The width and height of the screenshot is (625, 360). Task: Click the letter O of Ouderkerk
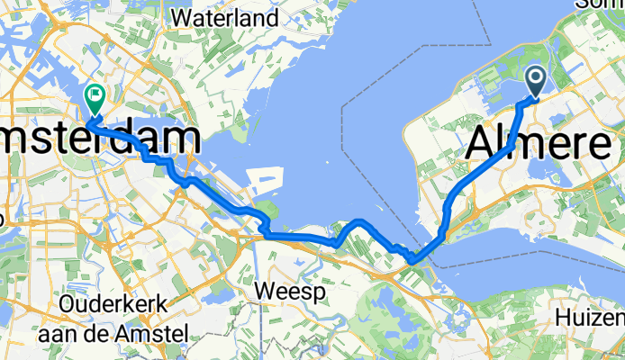point(66,306)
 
